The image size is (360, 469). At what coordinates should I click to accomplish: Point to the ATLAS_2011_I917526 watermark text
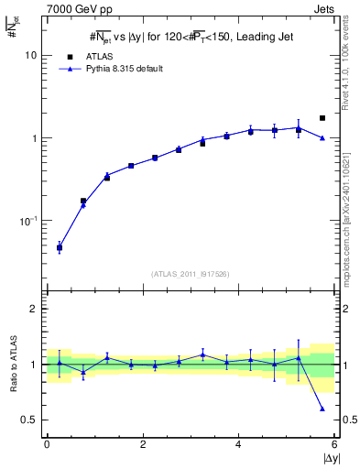(x=191, y=274)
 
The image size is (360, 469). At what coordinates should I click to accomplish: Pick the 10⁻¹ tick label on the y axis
(x=28, y=221)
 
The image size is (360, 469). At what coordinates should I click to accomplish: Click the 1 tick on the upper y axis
(x=34, y=138)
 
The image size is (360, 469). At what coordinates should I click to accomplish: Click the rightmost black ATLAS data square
(x=322, y=118)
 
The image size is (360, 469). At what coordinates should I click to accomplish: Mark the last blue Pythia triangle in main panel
(x=322, y=137)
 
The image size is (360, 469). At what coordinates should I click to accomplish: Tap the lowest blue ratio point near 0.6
(x=322, y=409)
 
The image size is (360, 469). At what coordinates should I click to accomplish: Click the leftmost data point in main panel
(x=60, y=247)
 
